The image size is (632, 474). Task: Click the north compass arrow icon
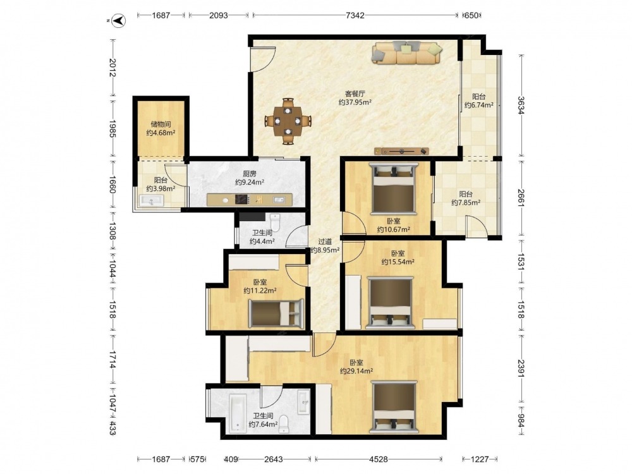(119, 20)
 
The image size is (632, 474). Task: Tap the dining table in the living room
(288, 121)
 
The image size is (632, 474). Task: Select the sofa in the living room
(407, 53)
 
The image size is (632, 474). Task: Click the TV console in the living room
(401, 151)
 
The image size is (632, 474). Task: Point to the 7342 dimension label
(355, 15)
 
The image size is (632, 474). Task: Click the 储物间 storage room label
(161, 124)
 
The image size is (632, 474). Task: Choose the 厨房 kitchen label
(250, 174)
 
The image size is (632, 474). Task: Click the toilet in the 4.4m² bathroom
(275, 221)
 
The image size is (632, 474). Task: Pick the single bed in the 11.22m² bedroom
(276, 313)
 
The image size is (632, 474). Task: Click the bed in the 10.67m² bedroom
(394, 188)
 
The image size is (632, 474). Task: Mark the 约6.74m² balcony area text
(479, 105)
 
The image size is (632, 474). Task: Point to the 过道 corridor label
(325, 241)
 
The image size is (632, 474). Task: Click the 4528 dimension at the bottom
(379, 459)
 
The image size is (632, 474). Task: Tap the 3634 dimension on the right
(521, 105)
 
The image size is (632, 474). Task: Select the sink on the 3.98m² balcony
(151, 200)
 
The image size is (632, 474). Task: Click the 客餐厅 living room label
(355, 94)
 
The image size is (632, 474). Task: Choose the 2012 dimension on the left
(112, 68)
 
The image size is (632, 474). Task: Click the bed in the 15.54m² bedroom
(391, 303)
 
